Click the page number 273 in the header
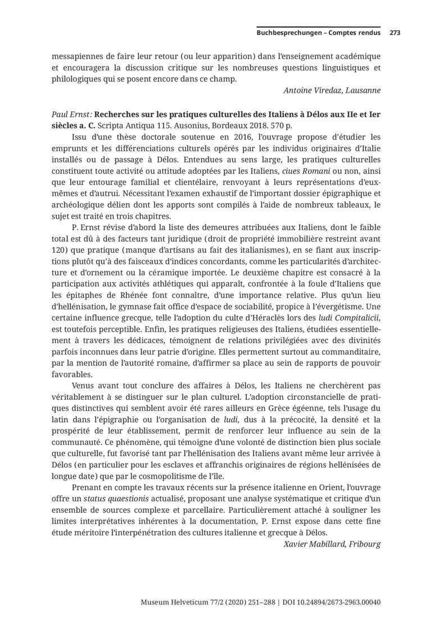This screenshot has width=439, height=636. point(395,33)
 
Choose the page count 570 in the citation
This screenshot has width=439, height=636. point(279,125)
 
